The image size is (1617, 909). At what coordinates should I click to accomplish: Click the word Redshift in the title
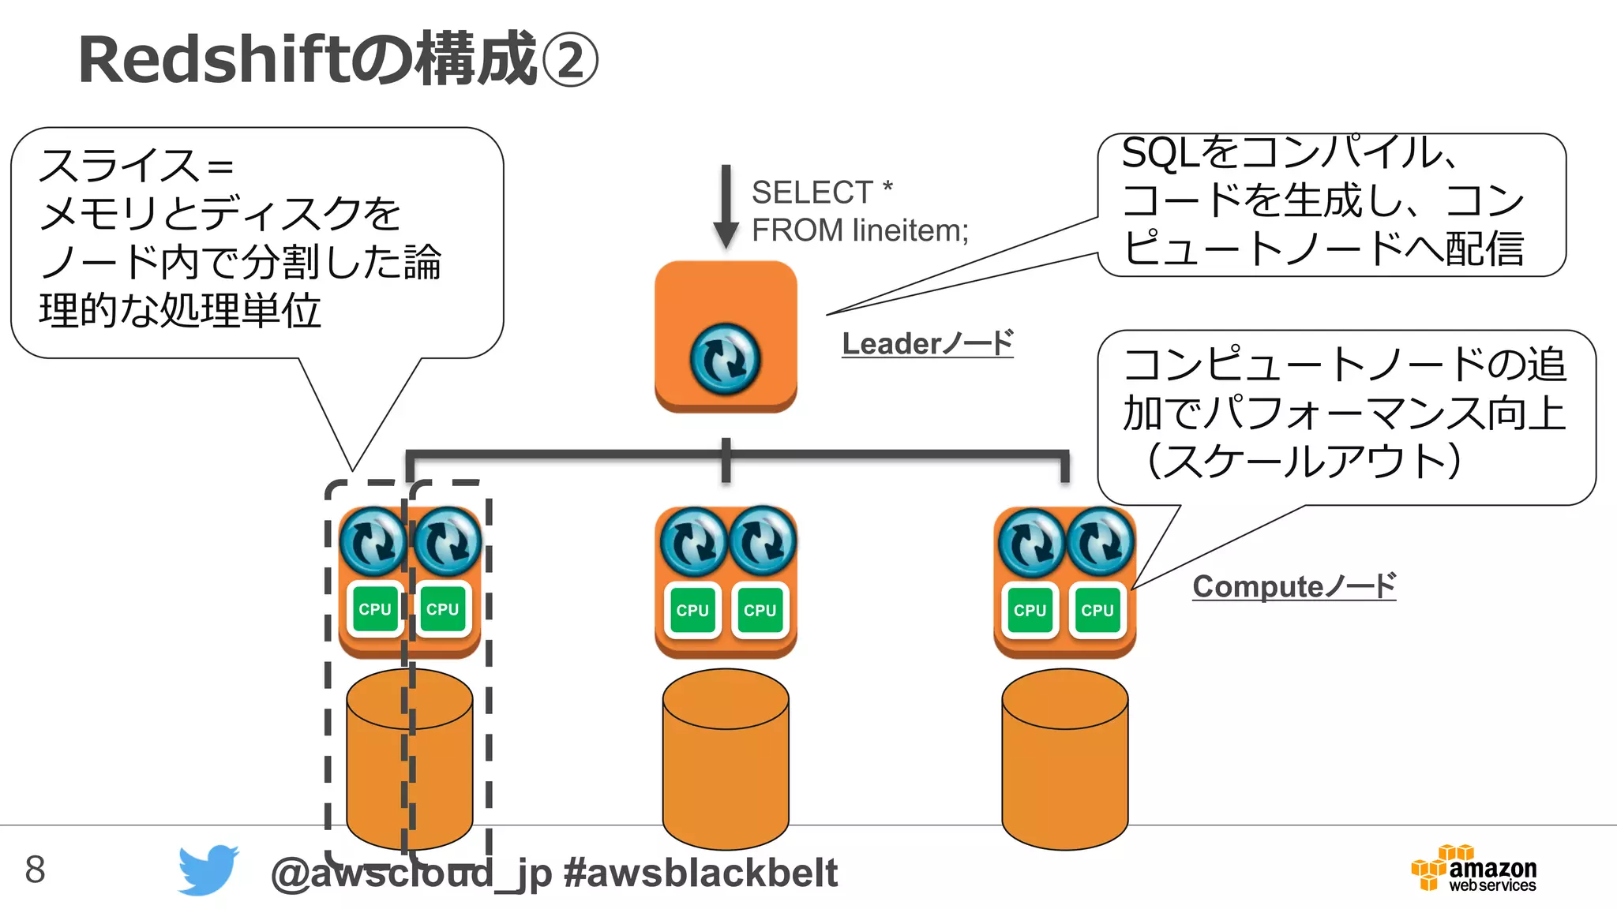[x=213, y=60]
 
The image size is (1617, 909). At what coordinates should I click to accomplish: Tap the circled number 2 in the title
[x=570, y=62]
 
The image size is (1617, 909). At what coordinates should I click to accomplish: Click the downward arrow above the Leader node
[x=726, y=208]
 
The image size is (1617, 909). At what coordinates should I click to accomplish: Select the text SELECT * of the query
[x=821, y=192]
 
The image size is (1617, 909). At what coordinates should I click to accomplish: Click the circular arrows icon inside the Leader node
[x=725, y=359]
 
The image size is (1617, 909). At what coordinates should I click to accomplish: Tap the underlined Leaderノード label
[x=927, y=344]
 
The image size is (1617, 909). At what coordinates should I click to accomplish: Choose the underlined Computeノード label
[x=1293, y=586]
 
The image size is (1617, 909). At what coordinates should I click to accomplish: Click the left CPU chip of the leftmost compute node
[x=375, y=609]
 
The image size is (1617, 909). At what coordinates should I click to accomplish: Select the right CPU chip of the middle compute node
[x=760, y=610]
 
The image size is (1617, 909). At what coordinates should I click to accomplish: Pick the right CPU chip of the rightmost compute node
[x=1097, y=610]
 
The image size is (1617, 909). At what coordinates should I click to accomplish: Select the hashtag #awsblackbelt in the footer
[x=700, y=873]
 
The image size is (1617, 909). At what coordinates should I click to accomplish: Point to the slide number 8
[x=36, y=870]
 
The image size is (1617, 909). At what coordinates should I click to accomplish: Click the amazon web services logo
[x=1474, y=870]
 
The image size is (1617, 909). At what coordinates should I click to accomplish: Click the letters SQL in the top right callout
[x=1161, y=153]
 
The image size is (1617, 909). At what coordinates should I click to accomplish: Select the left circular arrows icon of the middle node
[x=693, y=541]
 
